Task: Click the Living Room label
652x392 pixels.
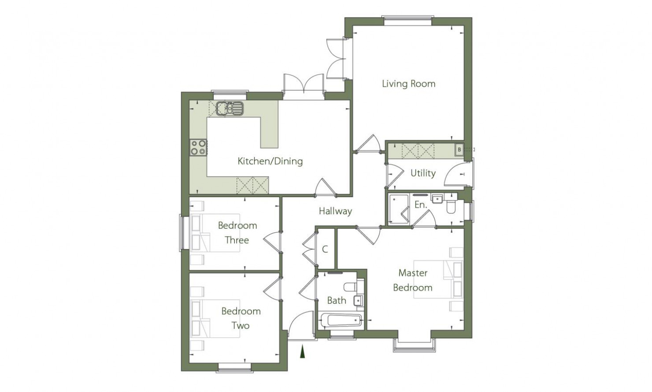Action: [x=409, y=84]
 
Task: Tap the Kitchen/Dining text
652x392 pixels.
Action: [x=270, y=161]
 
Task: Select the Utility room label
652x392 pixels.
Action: [x=423, y=173]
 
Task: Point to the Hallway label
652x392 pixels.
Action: [x=335, y=211]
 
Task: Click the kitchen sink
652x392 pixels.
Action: [x=230, y=108]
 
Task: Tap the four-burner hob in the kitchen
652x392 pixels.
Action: [x=198, y=147]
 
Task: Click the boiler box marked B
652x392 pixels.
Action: [x=459, y=150]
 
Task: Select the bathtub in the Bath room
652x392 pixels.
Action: [x=341, y=321]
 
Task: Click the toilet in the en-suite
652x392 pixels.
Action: [x=451, y=205]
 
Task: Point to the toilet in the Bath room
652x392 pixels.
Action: [x=351, y=287]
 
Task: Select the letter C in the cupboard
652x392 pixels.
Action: [x=325, y=249]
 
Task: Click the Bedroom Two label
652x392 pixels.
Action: [x=241, y=318]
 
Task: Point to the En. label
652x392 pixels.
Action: [x=421, y=205]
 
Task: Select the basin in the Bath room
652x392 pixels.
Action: [x=358, y=300]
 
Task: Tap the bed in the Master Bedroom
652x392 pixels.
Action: [x=438, y=279]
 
